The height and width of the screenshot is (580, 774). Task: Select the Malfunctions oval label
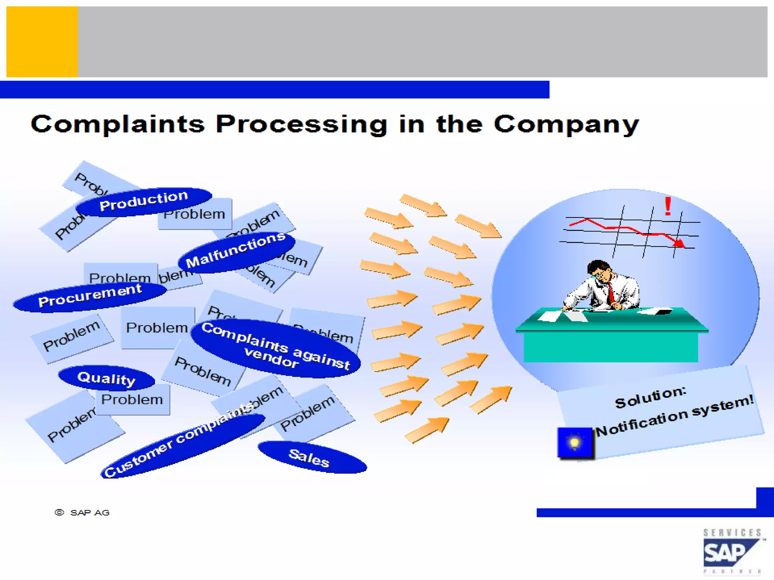[x=236, y=251]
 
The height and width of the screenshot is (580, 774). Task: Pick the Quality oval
[x=106, y=378]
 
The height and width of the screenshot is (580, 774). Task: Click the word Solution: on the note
[x=650, y=398]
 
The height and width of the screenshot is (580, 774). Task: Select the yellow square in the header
[x=42, y=42]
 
